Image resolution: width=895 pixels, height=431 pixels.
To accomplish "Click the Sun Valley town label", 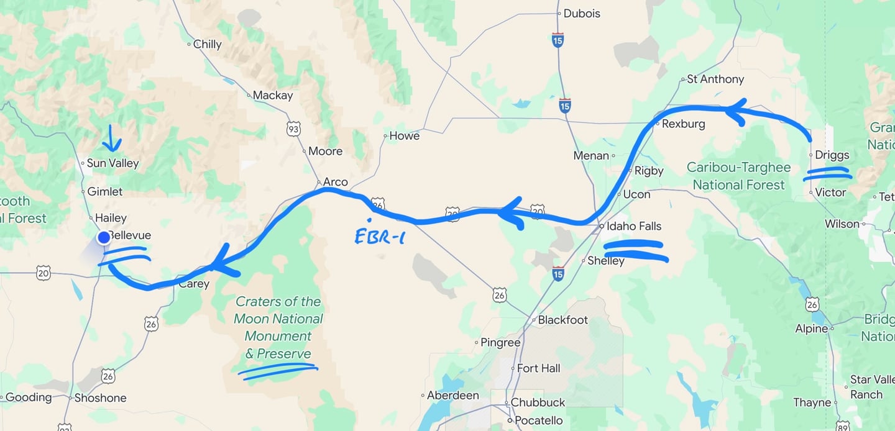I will (112, 163).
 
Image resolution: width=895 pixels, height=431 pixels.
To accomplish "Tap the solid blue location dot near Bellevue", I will (103, 237).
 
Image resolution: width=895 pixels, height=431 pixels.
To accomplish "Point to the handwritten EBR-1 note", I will (379, 236).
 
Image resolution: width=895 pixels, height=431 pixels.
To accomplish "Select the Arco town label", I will (335, 182).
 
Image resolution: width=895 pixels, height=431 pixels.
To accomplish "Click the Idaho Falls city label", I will (634, 226).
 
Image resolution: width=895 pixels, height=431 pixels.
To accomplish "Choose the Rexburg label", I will (683, 124).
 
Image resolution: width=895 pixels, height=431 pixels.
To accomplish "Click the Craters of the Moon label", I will (278, 327).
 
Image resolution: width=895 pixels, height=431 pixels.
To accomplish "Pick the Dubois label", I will (582, 13).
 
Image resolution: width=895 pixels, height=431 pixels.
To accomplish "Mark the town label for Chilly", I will (207, 44).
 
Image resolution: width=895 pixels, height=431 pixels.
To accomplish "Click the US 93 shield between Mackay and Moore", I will (293, 129).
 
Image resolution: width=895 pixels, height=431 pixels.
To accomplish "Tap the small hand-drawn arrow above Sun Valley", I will (112, 138).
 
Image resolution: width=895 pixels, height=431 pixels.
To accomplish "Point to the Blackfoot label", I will (562, 320).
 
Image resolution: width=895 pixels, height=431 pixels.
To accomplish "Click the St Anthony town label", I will (715, 79).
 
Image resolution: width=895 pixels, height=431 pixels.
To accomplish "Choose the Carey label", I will (194, 284).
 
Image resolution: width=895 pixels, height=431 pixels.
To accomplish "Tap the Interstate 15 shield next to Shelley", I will (558, 273).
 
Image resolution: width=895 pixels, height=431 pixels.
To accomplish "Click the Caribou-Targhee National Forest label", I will (738, 176).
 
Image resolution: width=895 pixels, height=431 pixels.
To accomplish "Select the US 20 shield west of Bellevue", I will (43, 272).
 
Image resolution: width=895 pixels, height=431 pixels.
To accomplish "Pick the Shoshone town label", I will (100, 398).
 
